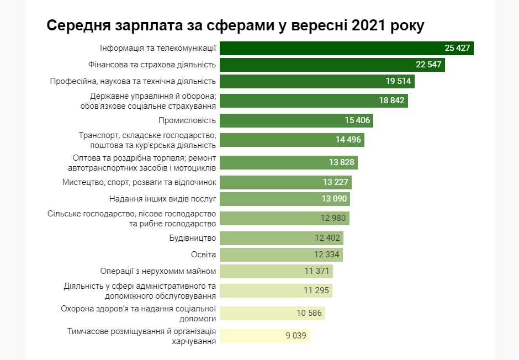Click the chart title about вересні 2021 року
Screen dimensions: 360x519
click(x=235, y=26)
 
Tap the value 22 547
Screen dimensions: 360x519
click(x=428, y=65)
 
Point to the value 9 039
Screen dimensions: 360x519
click(x=296, y=335)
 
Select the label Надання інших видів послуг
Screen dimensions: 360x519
click(x=163, y=198)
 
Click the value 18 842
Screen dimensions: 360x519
click(x=391, y=100)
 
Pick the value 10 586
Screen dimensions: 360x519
click(x=309, y=313)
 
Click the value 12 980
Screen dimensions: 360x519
click(x=333, y=218)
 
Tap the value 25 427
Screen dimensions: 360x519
click(x=457, y=48)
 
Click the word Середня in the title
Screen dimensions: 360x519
click(x=77, y=26)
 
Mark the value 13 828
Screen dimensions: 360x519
click(x=342, y=162)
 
